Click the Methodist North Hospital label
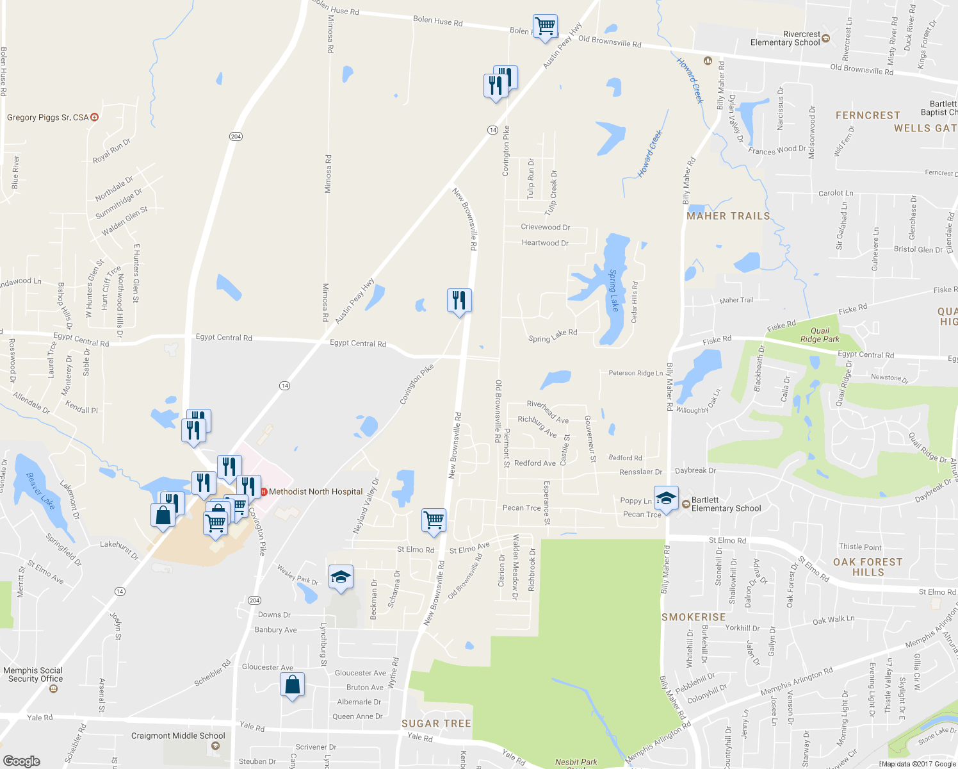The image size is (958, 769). point(315,492)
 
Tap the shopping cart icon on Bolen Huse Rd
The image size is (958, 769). point(545,27)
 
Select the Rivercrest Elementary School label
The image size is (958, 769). point(785,38)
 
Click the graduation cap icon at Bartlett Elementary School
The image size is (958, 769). point(666,499)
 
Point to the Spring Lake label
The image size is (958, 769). point(613,290)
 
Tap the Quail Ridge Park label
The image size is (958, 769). point(820,335)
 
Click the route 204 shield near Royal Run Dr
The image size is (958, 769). point(236,136)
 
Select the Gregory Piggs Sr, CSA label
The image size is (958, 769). point(48,117)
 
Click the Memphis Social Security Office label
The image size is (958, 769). point(33,675)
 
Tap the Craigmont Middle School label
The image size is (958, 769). point(178,736)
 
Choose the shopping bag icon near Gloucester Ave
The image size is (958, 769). point(292,685)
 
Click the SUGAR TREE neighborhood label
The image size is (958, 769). point(436,724)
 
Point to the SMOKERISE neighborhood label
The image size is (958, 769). point(694,617)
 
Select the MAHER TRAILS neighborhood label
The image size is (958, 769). point(728,216)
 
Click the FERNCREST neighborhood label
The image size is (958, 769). point(868,115)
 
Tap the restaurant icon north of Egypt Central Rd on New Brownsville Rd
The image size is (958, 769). point(459,299)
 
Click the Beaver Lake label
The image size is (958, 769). point(40,490)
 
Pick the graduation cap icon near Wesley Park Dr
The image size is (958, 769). point(341,577)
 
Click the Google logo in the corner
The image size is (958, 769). point(22,761)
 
